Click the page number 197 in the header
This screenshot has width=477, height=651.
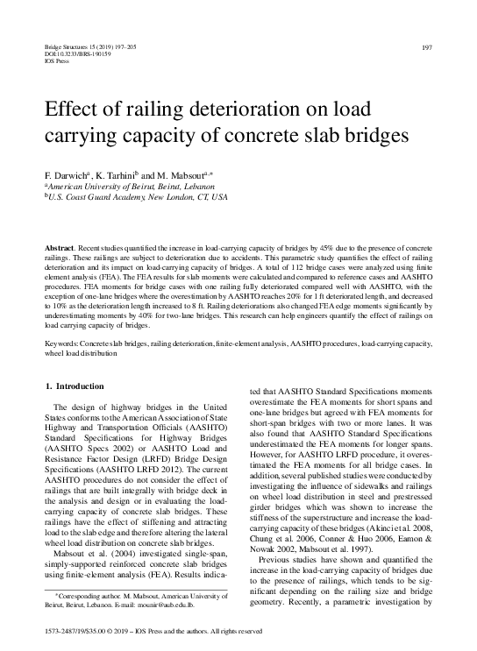[x=427, y=46]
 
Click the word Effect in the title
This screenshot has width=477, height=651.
[x=71, y=110]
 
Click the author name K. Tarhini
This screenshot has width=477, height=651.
[x=118, y=175]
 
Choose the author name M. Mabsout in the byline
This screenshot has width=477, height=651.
[x=190, y=175]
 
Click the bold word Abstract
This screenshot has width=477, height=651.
[x=59, y=250]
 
